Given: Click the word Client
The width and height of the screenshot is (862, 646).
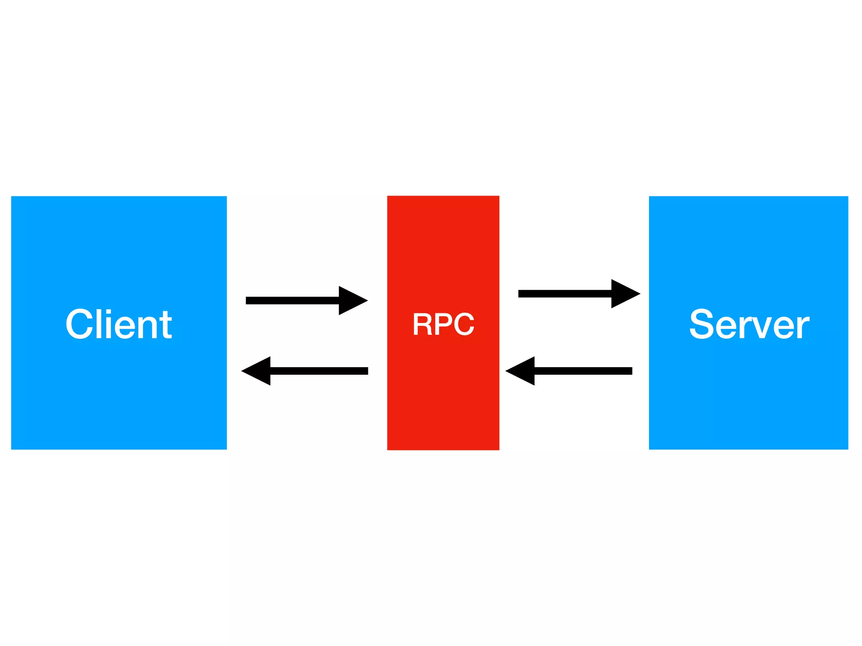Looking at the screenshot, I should [x=119, y=324].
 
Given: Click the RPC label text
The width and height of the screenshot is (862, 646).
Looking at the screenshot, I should [x=443, y=324].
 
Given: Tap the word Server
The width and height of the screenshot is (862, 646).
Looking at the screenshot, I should [x=749, y=324].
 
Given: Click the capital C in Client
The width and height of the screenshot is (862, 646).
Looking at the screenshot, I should [x=80, y=324].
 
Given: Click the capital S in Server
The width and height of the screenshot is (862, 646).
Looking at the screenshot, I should [x=702, y=324].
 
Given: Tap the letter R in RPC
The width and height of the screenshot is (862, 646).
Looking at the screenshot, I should [x=422, y=324].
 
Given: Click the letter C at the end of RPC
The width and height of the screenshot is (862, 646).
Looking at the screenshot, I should [x=464, y=324].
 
